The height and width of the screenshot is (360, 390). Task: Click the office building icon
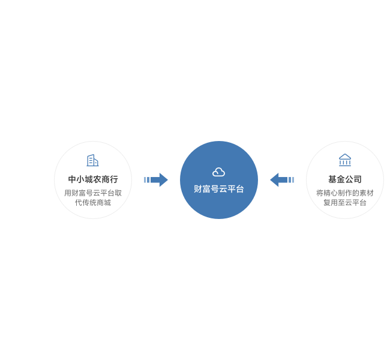coord(93,160)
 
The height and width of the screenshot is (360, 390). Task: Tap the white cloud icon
coord(218,172)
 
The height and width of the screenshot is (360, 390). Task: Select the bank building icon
coord(345,160)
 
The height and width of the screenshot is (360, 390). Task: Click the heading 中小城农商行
coord(93,179)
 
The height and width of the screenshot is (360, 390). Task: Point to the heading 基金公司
coord(345,179)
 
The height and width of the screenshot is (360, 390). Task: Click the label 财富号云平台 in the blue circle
coord(219,189)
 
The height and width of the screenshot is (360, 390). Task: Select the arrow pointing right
coord(156,179)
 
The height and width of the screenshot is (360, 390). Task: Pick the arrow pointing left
coord(282,179)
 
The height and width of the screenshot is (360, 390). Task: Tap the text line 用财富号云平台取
coord(93,193)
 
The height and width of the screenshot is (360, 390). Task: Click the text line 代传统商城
coord(93,203)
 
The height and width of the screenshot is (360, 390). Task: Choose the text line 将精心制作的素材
coord(345,193)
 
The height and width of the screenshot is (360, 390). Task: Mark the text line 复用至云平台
coord(345,203)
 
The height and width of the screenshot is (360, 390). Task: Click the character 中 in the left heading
coord(72,179)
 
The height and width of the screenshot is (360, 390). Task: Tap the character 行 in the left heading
coord(114,179)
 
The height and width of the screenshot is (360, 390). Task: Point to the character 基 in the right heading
coord(332,179)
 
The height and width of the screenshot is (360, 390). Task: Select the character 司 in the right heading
coord(358,179)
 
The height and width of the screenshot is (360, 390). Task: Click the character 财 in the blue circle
coord(198,189)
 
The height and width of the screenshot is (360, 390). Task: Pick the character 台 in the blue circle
coord(240,189)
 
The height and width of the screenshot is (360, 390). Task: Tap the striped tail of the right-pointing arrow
coord(147,179)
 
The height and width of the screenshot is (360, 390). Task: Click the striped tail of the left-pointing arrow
coord(291,179)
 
